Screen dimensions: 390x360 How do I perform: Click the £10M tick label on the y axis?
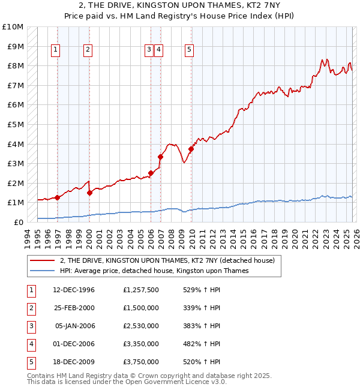12,27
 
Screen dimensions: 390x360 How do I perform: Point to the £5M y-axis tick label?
14,124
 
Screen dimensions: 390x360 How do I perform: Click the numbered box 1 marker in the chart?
55,50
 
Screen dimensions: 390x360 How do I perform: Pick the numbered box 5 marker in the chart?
189,50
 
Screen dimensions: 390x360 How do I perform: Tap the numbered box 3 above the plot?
148,50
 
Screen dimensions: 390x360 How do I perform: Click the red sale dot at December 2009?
191,149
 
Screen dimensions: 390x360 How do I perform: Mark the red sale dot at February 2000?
89,193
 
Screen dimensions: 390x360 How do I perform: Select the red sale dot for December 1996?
58,197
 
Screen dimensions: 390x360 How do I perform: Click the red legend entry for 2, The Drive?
167,260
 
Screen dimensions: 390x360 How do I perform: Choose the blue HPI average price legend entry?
154,271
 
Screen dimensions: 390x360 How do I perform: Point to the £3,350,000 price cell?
142,344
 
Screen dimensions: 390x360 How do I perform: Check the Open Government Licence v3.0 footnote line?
127,382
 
